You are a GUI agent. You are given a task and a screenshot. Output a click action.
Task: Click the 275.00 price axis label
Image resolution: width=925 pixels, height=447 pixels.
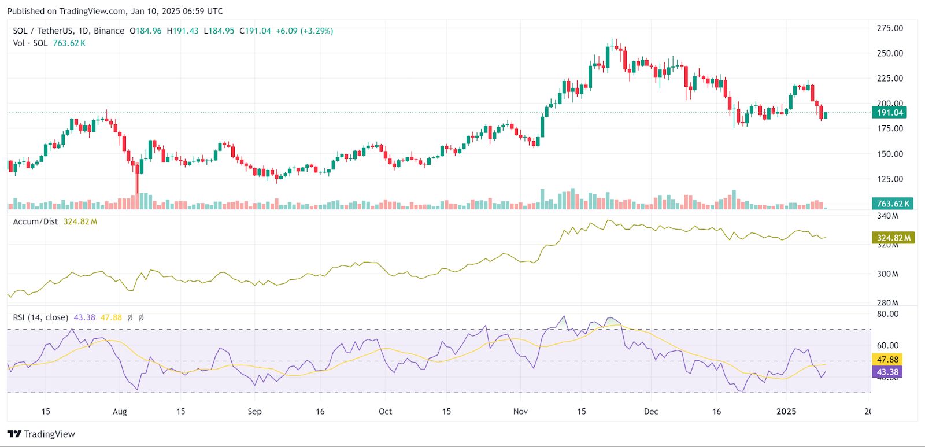890,28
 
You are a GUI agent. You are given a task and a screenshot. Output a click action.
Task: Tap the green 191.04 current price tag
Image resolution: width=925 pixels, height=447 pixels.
889,113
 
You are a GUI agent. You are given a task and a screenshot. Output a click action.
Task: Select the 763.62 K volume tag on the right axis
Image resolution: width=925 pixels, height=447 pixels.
892,204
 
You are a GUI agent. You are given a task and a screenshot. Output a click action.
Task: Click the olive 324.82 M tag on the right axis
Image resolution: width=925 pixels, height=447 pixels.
893,238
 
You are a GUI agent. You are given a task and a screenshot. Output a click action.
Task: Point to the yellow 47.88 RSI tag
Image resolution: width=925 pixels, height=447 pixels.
887,360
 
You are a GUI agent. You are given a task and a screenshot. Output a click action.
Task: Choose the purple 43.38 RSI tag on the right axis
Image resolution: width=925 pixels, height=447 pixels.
887,372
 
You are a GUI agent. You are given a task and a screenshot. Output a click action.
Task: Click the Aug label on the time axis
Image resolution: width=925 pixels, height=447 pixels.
120,412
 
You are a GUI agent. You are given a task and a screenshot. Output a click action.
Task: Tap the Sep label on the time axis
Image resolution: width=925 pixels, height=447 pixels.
254,412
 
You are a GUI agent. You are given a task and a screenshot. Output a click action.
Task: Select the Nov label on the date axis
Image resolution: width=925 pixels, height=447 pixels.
520,412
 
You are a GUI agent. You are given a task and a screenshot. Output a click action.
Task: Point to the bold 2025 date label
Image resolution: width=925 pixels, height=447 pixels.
786,412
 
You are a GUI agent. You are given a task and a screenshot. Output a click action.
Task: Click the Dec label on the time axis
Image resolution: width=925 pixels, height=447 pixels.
651,412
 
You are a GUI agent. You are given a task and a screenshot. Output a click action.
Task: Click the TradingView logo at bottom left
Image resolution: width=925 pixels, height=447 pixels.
41,434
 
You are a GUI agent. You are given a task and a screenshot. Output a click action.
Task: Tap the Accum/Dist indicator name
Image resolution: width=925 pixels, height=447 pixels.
35,221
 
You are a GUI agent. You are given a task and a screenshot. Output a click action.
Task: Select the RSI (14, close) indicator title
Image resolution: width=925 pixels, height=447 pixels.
40,317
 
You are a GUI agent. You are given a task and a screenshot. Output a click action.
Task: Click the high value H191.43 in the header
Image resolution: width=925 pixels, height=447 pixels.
182,31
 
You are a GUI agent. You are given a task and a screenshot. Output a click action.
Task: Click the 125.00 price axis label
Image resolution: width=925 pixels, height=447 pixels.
890,179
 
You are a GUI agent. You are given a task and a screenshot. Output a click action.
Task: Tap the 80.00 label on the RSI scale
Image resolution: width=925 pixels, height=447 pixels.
887,314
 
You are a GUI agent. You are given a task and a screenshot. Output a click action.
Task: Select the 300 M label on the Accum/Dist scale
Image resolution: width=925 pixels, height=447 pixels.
887,274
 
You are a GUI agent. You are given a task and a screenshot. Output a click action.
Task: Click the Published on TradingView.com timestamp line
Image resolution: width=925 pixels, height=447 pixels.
114,11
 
